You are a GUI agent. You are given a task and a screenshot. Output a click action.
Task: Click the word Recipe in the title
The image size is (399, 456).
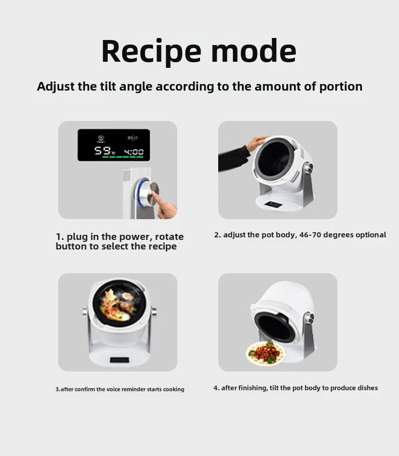(151, 52)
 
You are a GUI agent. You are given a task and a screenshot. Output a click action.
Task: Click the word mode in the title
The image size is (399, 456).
(254, 51)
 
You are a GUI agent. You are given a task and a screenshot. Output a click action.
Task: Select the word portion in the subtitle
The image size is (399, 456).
(341, 87)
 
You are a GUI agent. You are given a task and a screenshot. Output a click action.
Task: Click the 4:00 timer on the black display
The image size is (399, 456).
(134, 152)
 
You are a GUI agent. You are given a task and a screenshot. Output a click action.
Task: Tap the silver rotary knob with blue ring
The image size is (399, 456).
(148, 192)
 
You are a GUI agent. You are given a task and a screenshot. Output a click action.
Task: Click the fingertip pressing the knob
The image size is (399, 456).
(154, 194)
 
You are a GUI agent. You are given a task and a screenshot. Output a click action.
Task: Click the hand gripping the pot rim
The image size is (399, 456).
(256, 143)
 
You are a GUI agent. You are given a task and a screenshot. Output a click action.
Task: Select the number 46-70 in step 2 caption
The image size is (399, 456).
(310, 235)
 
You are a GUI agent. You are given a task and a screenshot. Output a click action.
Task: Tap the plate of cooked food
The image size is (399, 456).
(266, 353)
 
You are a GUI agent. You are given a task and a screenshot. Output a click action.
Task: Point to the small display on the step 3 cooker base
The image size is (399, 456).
(119, 360)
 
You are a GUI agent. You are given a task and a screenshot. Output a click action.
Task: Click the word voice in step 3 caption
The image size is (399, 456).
(112, 389)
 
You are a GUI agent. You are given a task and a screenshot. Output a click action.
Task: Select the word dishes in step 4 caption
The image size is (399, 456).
(369, 388)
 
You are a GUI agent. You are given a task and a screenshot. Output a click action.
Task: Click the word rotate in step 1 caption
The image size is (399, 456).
(170, 237)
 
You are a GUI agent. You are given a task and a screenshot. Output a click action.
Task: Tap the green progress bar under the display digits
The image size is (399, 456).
(123, 157)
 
